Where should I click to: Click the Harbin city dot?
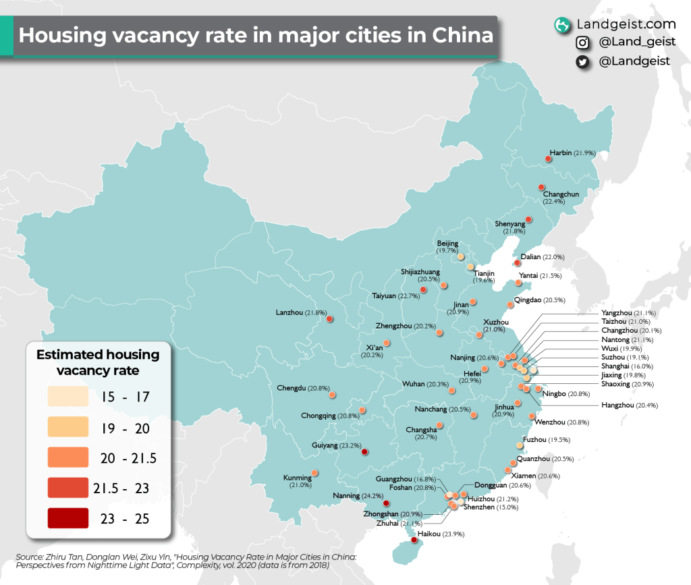(548, 159)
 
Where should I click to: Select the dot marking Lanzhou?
(329, 319)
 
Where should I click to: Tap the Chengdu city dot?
(332, 396)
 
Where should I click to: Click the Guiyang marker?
(364, 451)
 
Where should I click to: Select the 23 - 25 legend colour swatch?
(67, 518)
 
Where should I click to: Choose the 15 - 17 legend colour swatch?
(67, 396)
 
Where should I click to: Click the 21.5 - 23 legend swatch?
(67, 487)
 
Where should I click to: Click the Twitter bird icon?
(582, 62)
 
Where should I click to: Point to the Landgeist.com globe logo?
(561, 25)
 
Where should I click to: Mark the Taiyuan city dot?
(423, 289)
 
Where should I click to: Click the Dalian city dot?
(517, 262)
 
